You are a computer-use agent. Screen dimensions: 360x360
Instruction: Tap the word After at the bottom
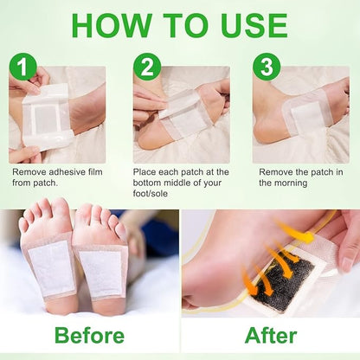(270, 336)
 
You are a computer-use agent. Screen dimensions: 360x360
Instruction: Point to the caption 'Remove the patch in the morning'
(300, 177)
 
